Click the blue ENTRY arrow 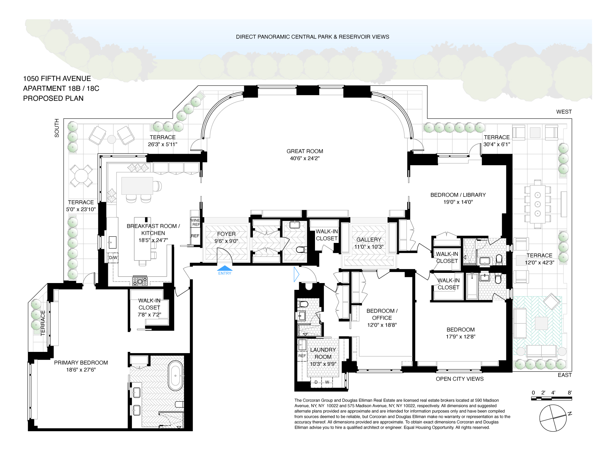click(x=225, y=268)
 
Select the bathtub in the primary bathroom click(x=176, y=376)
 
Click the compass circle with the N click(x=553, y=418)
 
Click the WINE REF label click(x=195, y=222)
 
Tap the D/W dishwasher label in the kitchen click(x=113, y=257)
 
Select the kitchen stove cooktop click(x=140, y=281)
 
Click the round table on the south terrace click(x=81, y=176)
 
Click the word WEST click(x=564, y=112)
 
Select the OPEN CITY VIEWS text click(x=460, y=379)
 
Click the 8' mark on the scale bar click(x=569, y=393)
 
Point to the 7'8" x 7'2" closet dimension click(x=149, y=315)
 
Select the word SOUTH click(x=57, y=128)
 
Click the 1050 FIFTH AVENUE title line click(x=57, y=79)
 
